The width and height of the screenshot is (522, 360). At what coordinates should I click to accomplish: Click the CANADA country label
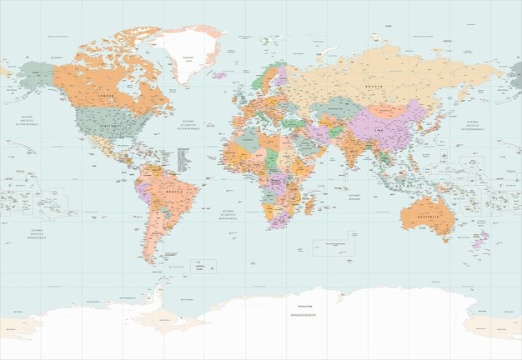106,96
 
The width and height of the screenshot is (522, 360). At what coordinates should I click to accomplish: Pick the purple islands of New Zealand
480,241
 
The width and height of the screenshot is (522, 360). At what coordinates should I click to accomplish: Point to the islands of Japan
431,122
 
